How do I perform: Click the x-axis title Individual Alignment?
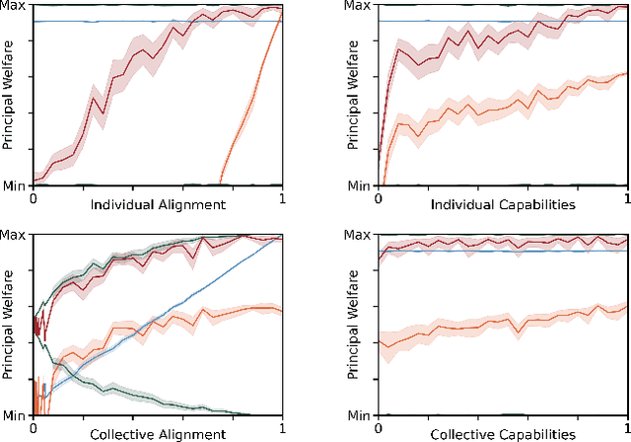[158, 205]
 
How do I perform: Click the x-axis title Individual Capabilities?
[503, 205]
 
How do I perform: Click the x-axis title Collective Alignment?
[158, 433]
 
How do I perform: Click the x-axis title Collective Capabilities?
[503, 433]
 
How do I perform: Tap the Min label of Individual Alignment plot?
[16, 184]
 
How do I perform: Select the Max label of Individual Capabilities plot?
[360, 7]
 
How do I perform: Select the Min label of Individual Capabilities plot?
[361, 184]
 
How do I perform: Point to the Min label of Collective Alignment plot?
[16, 412]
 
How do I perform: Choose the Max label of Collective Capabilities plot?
[360, 235]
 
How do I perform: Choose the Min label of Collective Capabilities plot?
[361, 412]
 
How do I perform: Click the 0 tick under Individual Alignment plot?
[34, 197]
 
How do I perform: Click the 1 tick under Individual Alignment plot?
[283, 197]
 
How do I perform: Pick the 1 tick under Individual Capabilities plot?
[627, 197]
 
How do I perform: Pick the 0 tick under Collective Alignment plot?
[34, 425]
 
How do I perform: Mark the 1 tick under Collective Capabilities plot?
[627, 425]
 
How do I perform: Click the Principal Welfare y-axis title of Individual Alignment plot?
[8, 96]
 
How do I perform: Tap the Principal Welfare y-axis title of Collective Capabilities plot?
[353, 324]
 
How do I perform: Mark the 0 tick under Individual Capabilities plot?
[379, 197]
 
